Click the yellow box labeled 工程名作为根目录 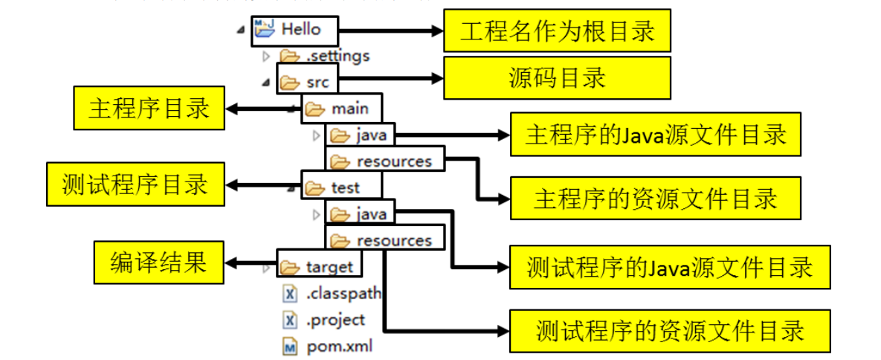(557, 31)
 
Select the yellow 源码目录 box (557, 77)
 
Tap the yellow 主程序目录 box (149, 109)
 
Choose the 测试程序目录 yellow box (135, 184)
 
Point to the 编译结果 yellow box (158, 262)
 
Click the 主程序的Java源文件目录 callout (655, 135)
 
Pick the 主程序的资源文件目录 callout (655, 198)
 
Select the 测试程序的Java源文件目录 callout (669, 267)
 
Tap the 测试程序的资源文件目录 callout (669, 330)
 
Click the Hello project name (300, 30)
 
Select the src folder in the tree (317, 82)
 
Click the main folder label (349, 109)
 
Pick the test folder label (345, 187)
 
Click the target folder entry (329, 266)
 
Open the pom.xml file (338, 347)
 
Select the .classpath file (342, 294)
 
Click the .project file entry (335, 320)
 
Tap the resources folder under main (393, 161)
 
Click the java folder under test (370, 214)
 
